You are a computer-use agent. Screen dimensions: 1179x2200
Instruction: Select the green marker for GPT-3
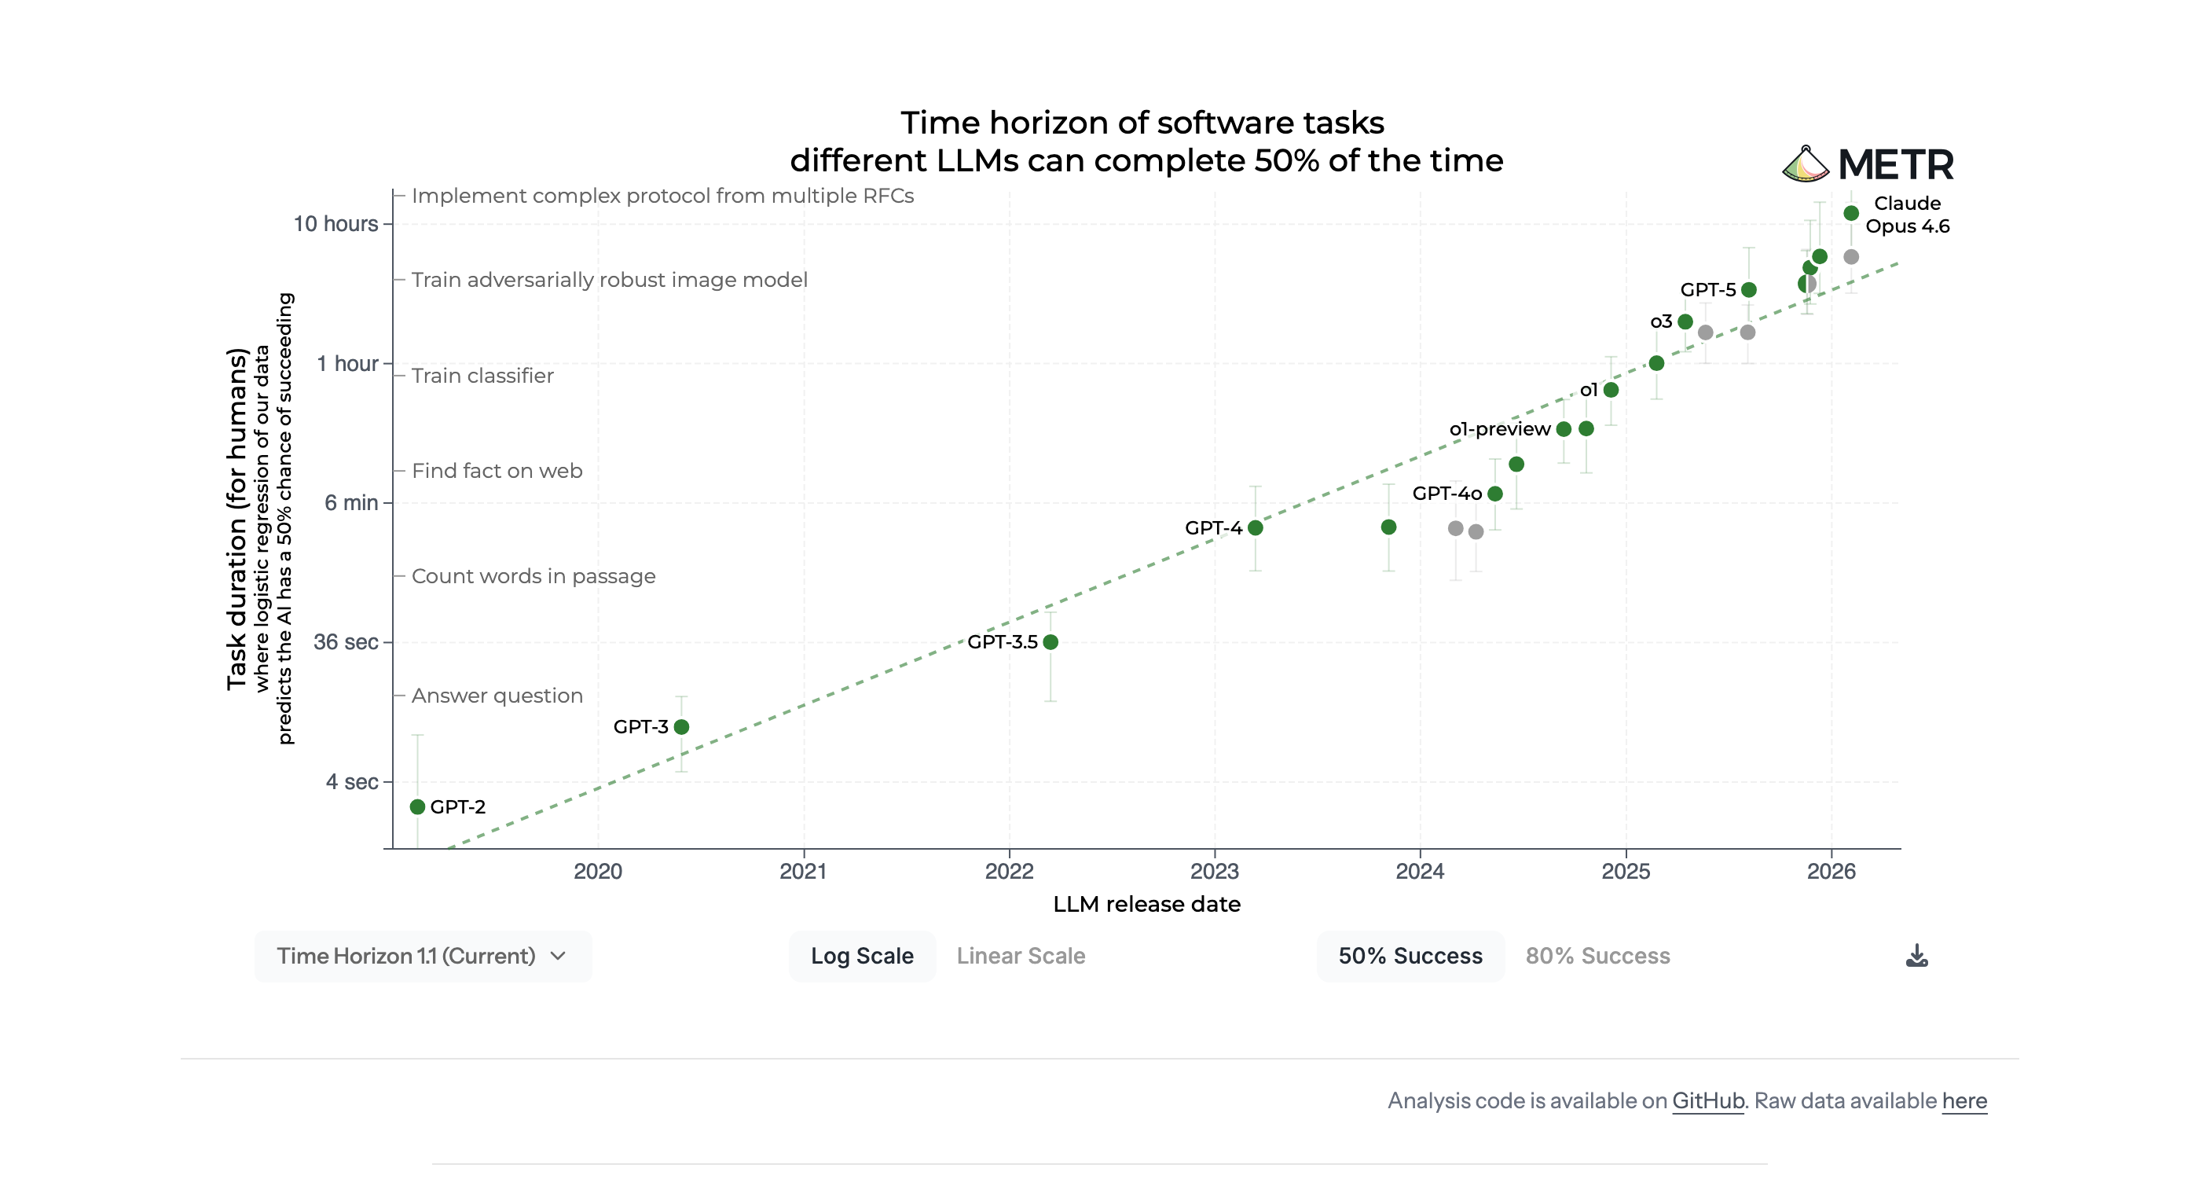[x=681, y=727]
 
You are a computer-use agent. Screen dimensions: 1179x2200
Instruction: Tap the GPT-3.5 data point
[x=1050, y=641]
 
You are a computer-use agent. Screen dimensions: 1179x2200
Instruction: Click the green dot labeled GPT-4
[x=1256, y=528]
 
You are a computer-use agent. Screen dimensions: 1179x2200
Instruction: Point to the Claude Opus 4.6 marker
[x=1850, y=213]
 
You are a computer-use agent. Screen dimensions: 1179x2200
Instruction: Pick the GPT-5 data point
[x=1749, y=289]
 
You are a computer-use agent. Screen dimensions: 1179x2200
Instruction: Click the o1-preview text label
[x=1500, y=429]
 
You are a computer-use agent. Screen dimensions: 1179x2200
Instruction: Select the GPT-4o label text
[x=1446, y=493]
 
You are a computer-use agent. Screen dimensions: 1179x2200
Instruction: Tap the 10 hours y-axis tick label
[x=335, y=224]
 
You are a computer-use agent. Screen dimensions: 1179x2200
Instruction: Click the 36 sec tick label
[x=346, y=641]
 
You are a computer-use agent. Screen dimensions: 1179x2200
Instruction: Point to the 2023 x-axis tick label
[x=1215, y=872]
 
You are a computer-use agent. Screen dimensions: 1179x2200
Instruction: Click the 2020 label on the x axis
[x=598, y=872]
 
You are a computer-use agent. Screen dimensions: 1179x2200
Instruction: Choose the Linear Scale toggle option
[x=1021, y=956]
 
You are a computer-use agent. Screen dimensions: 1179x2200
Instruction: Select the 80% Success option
[x=1597, y=956]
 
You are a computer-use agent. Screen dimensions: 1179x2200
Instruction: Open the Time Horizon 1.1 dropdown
[x=422, y=956]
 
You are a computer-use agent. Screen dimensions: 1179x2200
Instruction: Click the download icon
[x=1916, y=956]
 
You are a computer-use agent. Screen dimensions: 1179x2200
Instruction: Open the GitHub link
[x=1707, y=1100]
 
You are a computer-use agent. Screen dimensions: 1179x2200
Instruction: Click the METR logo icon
[x=1806, y=164]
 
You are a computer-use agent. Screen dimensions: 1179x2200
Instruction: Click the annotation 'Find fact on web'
[x=497, y=471]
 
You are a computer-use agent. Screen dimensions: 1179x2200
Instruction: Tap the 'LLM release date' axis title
[x=1146, y=904]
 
